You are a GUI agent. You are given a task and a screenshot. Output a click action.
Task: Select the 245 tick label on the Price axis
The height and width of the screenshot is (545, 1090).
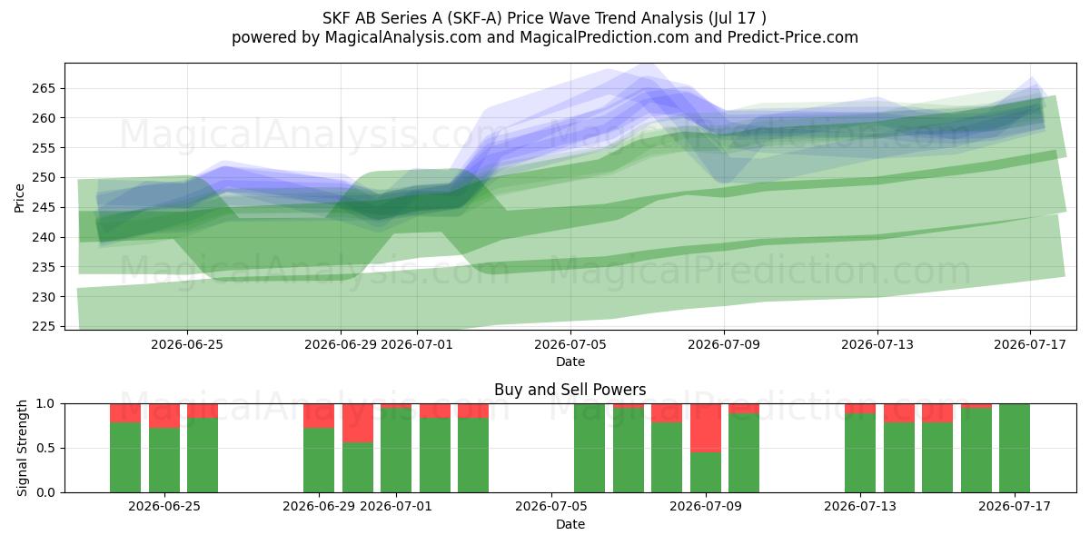(44, 208)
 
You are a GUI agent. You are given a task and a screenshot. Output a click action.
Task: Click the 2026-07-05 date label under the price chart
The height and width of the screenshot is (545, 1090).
(570, 344)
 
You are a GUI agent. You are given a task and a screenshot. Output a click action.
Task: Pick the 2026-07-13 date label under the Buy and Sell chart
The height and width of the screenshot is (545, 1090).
(860, 506)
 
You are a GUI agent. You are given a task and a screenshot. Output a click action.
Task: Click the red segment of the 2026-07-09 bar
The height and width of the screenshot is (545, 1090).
(706, 428)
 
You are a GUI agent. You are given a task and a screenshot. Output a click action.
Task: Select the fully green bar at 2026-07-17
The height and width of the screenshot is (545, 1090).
(1015, 448)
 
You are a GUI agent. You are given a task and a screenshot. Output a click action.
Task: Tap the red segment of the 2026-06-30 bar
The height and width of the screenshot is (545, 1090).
(358, 423)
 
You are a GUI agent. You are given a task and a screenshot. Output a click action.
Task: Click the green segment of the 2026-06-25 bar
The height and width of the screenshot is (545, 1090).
(164, 461)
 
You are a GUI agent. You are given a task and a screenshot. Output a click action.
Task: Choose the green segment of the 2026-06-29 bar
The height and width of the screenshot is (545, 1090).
(319, 461)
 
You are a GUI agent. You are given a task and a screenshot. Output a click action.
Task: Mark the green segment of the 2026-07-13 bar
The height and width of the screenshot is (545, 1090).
(860, 453)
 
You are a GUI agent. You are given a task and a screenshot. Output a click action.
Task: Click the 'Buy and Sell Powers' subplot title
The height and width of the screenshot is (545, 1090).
(570, 390)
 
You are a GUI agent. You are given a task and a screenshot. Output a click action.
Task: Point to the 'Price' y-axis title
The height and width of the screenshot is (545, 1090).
(19, 198)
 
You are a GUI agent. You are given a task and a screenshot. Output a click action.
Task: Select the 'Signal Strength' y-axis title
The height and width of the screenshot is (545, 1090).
(22, 448)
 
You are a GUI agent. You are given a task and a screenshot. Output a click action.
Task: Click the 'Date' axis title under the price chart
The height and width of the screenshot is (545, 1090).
(570, 362)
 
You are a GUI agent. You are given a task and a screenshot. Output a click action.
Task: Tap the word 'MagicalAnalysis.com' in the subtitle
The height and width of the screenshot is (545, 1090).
(403, 37)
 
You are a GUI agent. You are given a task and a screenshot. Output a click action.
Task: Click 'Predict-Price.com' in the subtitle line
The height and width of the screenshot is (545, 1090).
(793, 37)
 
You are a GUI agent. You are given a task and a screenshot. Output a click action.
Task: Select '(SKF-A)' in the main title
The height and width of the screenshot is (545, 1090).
(474, 18)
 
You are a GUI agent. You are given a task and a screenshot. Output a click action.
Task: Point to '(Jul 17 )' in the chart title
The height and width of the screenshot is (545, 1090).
(738, 18)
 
